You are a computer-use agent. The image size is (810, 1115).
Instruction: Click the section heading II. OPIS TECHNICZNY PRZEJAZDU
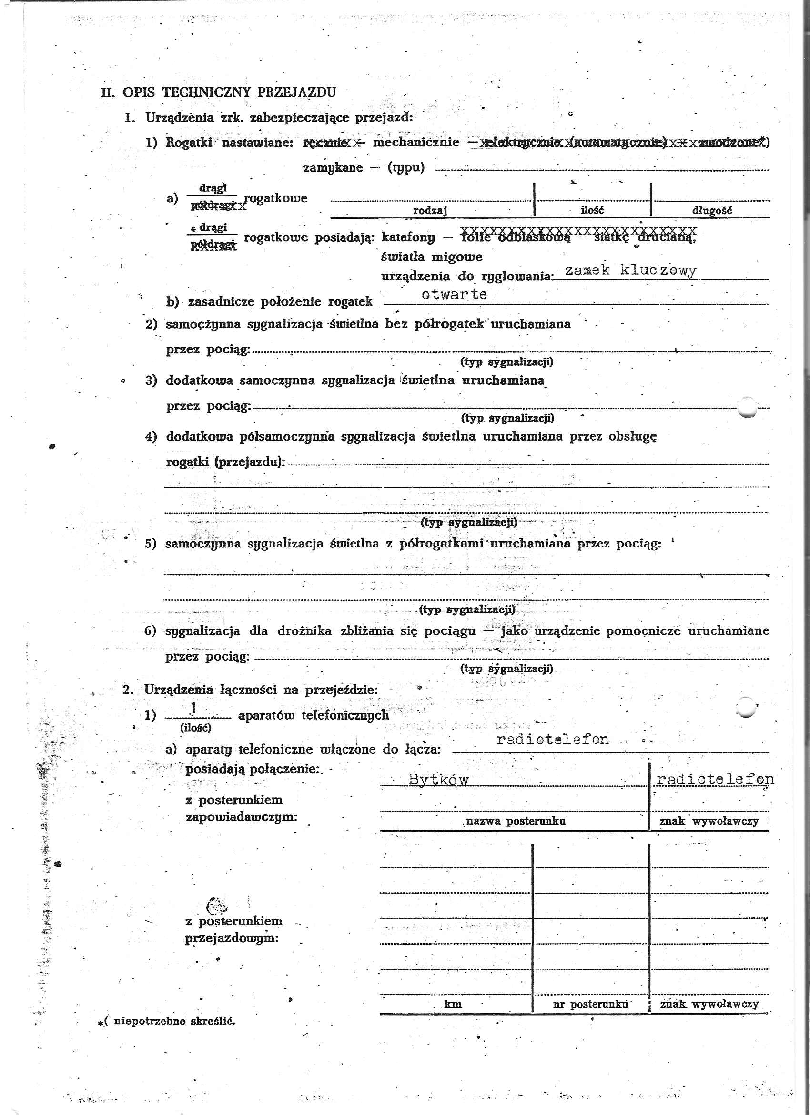coord(219,93)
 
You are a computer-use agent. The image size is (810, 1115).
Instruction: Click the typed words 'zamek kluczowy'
coord(630,270)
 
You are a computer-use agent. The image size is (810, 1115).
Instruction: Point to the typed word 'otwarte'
coord(454,294)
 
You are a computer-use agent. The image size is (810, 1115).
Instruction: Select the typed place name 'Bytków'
coord(439,780)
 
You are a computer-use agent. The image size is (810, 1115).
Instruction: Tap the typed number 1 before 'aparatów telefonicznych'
coord(194,708)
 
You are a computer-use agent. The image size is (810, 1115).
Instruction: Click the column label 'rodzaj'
coord(430,210)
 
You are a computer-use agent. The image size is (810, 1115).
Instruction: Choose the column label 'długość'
coord(712,210)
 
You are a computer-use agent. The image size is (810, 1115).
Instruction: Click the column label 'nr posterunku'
coord(590,1004)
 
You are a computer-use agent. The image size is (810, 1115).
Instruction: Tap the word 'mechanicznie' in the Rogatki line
coord(416,143)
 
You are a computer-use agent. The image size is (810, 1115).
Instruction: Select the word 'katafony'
coord(408,238)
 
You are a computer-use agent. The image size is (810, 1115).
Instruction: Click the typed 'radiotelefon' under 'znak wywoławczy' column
coord(715,779)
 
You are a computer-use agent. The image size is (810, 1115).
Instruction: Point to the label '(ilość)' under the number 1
coord(195,727)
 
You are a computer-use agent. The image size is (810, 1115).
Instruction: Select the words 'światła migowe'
coord(431,257)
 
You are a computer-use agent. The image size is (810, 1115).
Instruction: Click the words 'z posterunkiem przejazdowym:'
coord(233,929)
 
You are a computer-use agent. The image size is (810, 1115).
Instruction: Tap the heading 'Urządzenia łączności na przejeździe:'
coord(260,690)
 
